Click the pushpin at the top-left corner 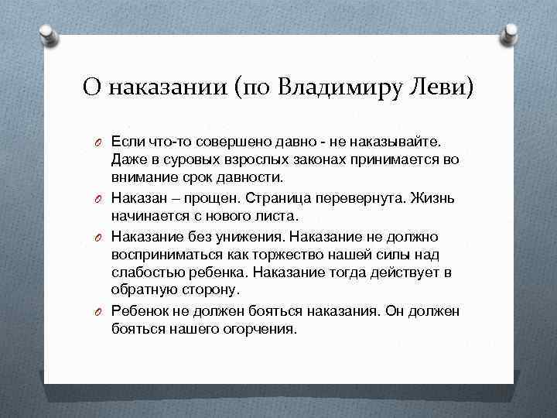pyautogui.click(x=46, y=33)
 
